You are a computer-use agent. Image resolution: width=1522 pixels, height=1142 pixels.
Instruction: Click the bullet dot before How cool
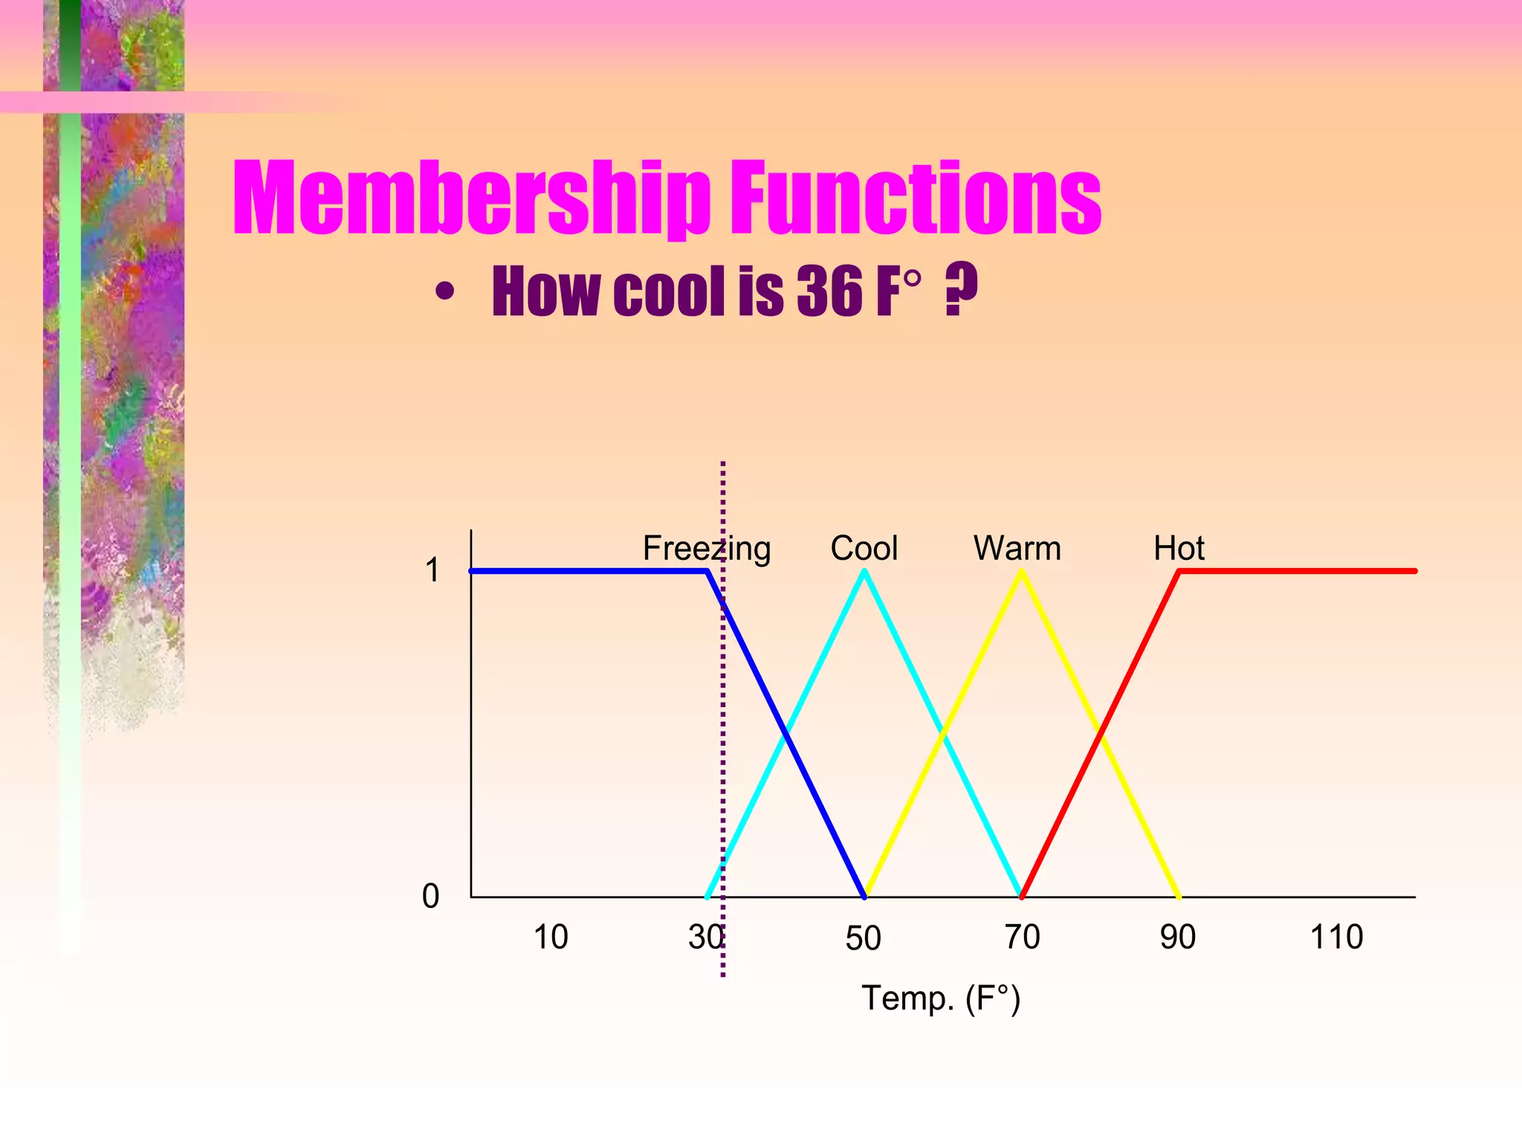[x=444, y=292]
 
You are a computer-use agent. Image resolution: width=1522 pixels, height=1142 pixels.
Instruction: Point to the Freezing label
[x=706, y=549]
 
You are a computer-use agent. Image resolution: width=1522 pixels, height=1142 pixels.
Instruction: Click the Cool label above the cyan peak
[x=864, y=549]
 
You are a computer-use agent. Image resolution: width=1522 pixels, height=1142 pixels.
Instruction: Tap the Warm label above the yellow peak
[x=1017, y=549]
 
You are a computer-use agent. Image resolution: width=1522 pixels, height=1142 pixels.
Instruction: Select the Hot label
[x=1179, y=549]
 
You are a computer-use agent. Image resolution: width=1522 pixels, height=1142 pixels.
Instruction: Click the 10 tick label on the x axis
[x=551, y=937]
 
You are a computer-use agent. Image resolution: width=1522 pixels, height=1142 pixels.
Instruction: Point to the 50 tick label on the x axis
[x=863, y=938]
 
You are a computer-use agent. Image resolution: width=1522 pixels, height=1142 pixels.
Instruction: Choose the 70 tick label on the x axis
[x=1022, y=937]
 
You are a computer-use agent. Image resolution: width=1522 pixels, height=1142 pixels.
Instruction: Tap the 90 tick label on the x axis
[x=1178, y=937]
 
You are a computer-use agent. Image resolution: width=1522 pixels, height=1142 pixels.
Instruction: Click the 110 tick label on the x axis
[x=1336, y=937]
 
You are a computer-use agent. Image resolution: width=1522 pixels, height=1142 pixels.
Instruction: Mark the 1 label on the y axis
[x=432, y=571]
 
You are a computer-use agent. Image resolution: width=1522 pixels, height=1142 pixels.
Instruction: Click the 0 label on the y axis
[x=431, y=897]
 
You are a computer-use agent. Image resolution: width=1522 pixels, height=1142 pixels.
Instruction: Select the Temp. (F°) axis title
[x=941, y=999]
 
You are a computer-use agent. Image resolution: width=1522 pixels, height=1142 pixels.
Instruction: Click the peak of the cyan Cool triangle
[x=864, y=572]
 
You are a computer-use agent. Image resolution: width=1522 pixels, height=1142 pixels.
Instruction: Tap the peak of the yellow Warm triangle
[x=1022, y=572]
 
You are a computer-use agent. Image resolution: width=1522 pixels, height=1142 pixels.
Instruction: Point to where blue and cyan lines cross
[x=786, y=735]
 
